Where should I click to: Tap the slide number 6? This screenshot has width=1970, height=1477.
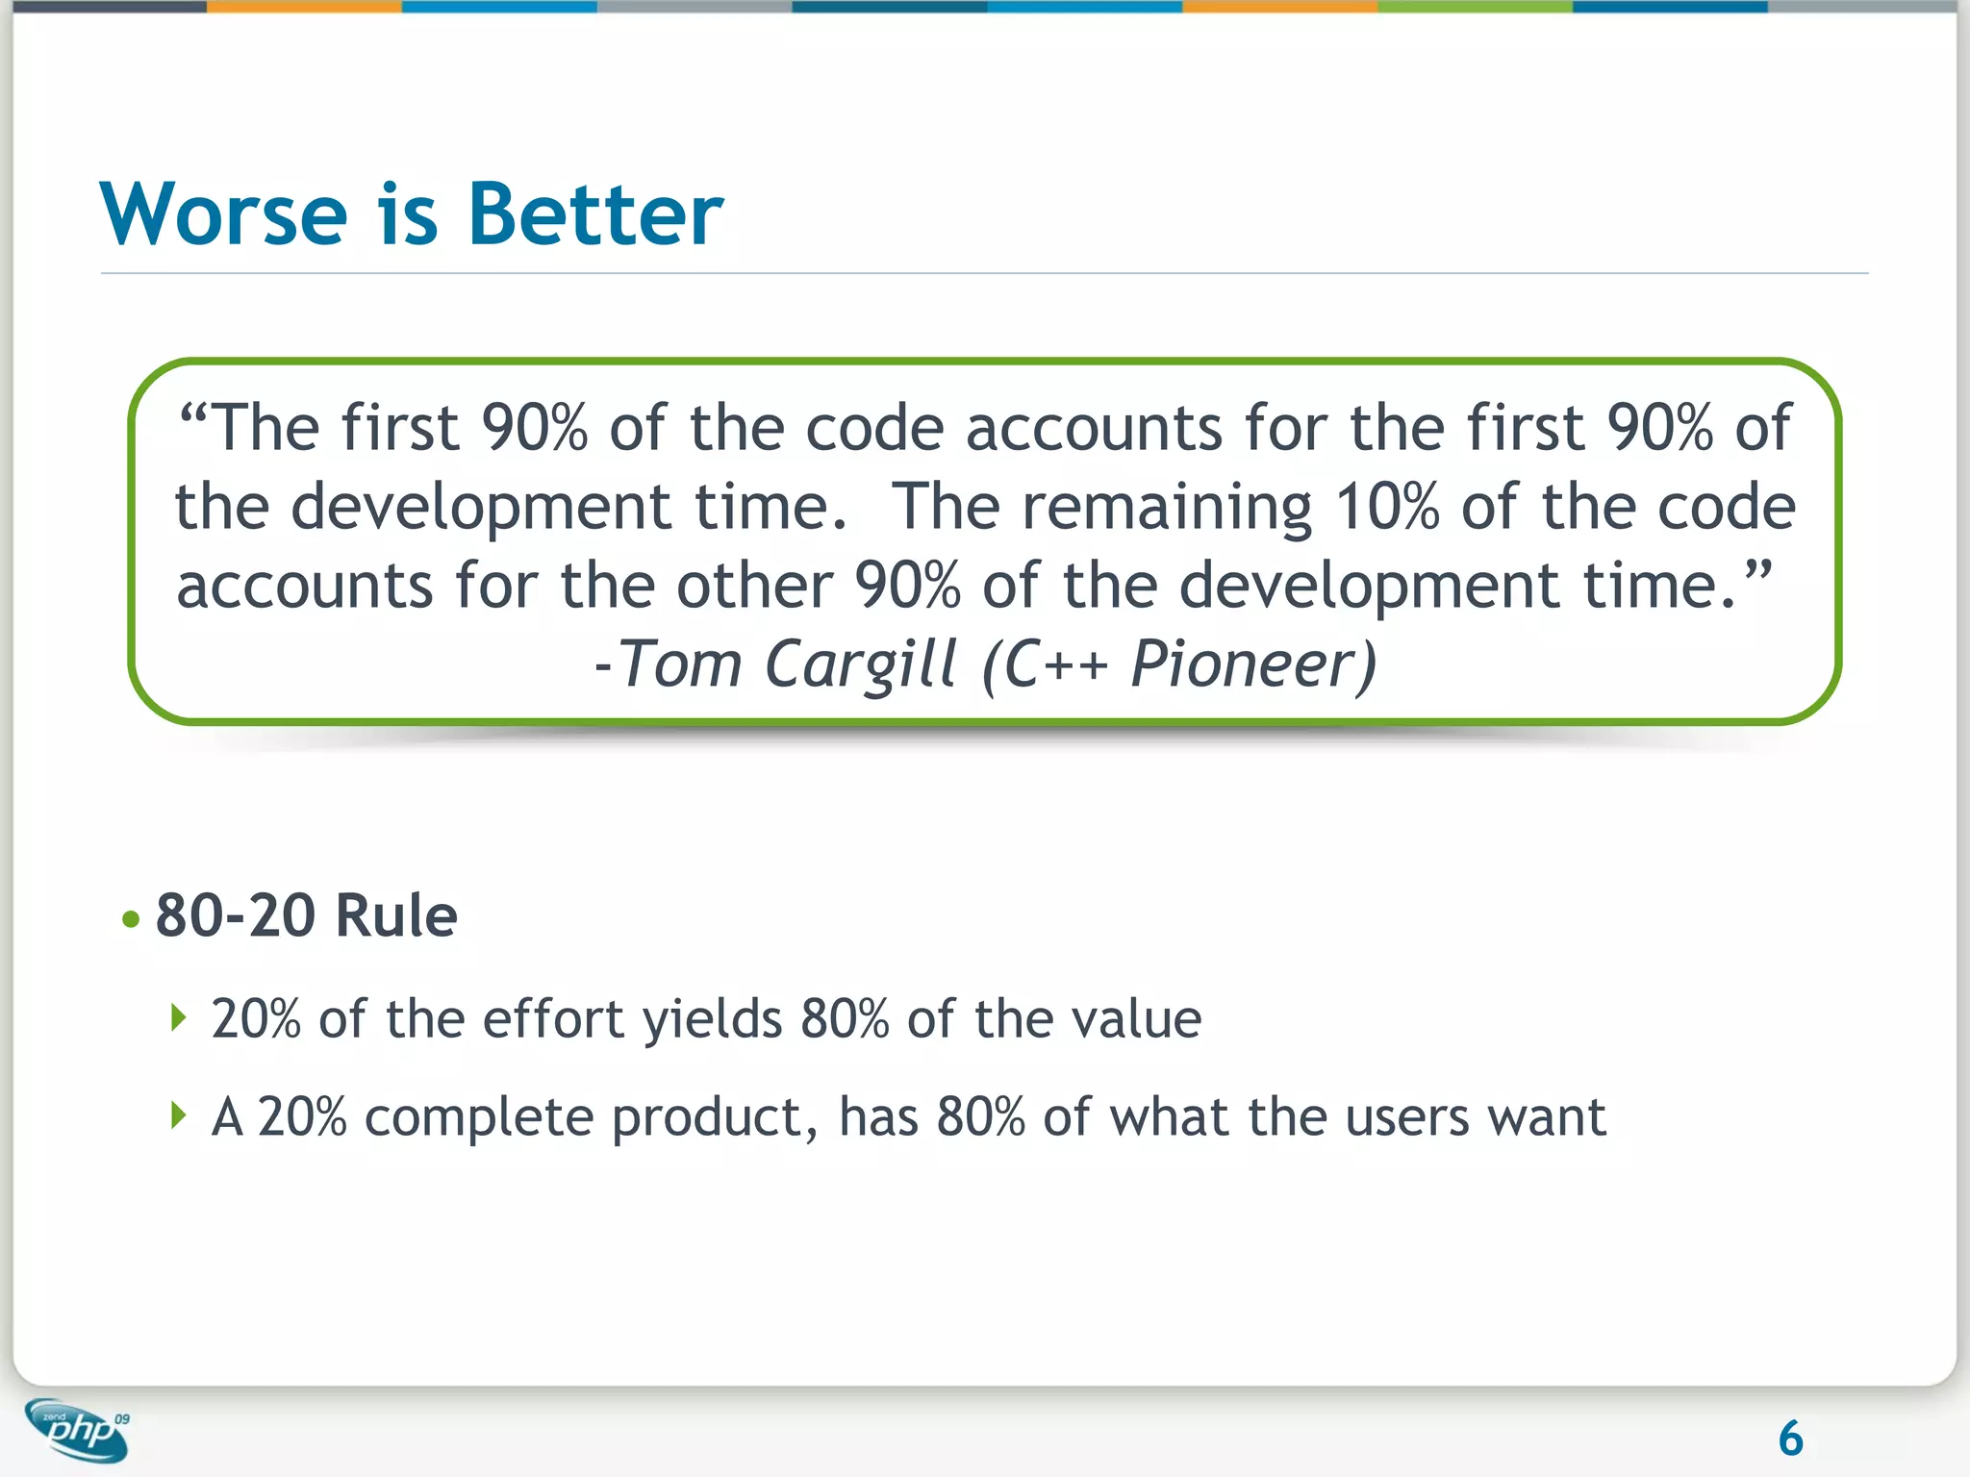coord(1790,1439)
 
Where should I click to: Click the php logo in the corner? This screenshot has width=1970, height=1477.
coord(77,1430)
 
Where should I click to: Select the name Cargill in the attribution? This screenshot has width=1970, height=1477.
coord(861,664)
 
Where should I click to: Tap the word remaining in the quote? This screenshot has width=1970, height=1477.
coord(1166,507)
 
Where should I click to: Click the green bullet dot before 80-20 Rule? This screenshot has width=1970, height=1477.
coord(132,919)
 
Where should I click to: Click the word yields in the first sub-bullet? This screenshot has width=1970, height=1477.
coord(713,1019)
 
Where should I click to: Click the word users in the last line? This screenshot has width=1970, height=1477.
coord(1407,1118)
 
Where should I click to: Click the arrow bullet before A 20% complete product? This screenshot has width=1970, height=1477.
coord(178,1115)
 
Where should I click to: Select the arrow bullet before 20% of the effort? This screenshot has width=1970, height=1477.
coord(178,1016)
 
